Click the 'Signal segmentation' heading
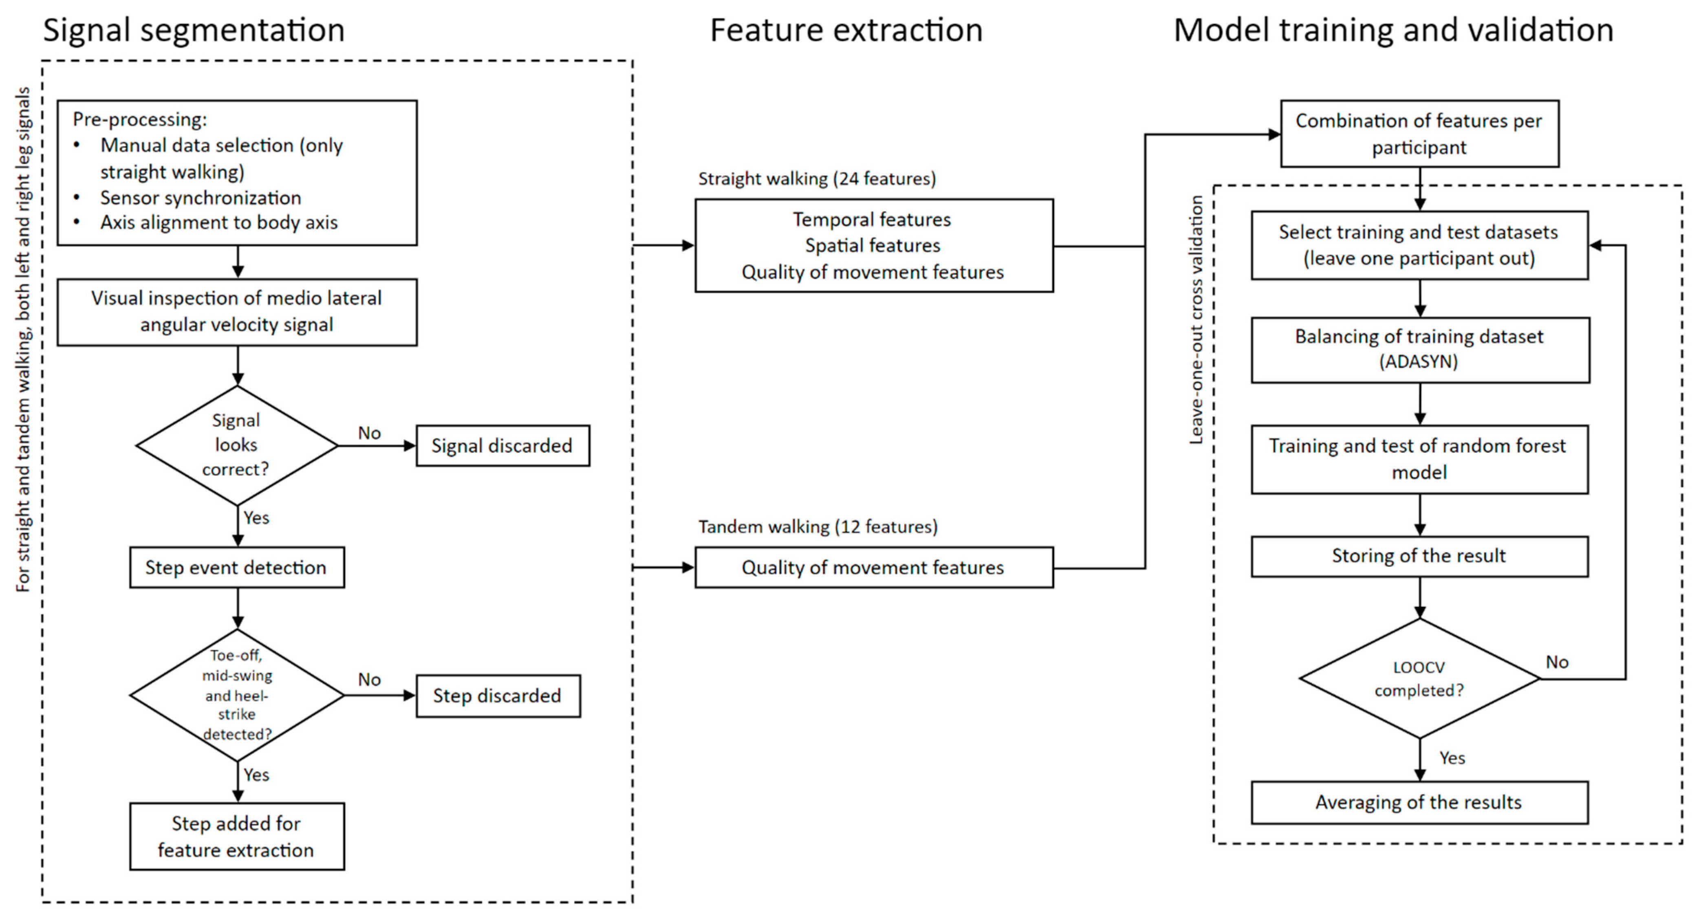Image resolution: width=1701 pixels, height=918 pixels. click(x=194, y=31)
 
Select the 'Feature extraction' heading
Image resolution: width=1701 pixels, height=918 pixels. click(x=846, y=31)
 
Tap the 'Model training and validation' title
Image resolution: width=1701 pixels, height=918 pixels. click(x=1393, y=31)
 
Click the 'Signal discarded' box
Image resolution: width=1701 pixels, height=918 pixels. click(x=502, y=446)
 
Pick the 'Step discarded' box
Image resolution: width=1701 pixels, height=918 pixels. click(x=497, y=696)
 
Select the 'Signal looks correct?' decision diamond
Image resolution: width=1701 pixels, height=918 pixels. click(x=236, y=445)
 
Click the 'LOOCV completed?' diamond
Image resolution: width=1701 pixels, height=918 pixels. click(x=1419, y=679)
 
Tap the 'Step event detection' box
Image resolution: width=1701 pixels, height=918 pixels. click(x=236, y=567)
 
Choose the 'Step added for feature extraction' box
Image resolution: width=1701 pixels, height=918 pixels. click(x=236, y=836)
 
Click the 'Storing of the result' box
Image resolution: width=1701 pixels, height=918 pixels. click(x=1419, y=556)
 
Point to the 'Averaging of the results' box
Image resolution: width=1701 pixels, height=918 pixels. click(x=1419, y=802)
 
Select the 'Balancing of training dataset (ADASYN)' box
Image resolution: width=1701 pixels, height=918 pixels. click(x=1419, y=349)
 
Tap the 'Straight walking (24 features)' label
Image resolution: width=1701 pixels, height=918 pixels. click(x=817, y=179)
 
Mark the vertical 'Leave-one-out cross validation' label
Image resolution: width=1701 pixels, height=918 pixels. click(x=1196, y=320)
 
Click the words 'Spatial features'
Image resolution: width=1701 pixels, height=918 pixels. click(x=872, y=246)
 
